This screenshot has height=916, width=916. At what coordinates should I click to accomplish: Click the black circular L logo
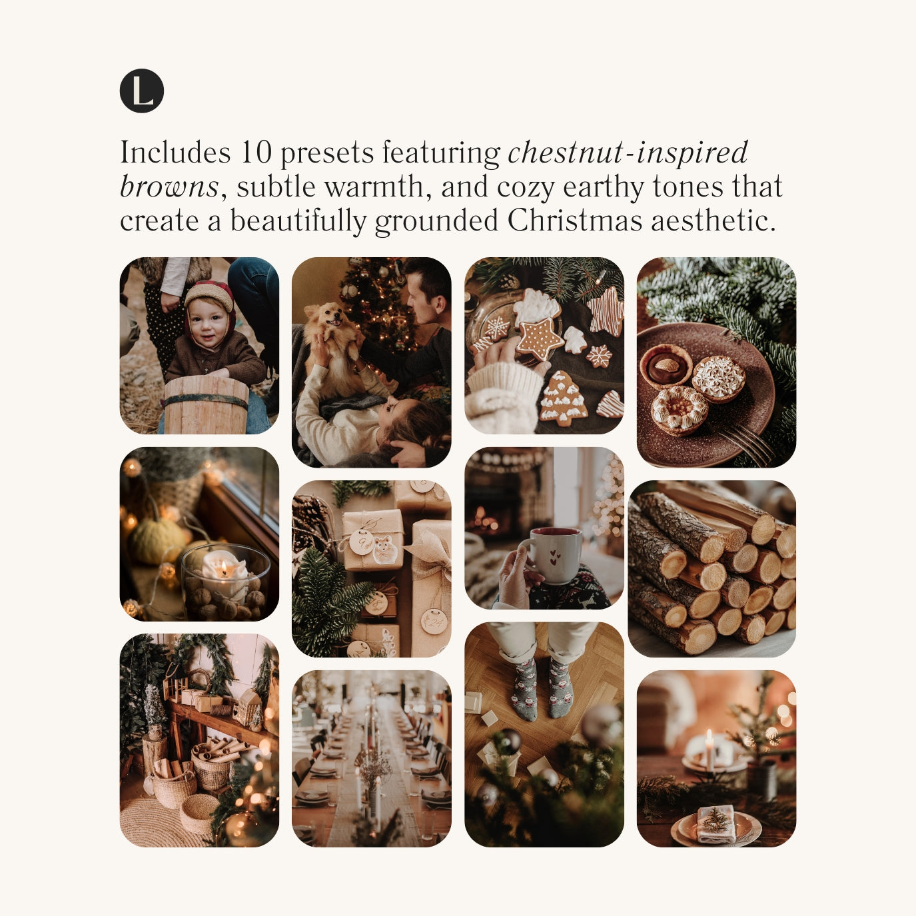(142, 91)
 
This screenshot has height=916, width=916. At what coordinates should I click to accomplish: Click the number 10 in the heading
(256, 152)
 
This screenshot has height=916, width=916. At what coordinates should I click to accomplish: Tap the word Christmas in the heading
(574, 221)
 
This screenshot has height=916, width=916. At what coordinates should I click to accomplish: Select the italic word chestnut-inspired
(628, 153)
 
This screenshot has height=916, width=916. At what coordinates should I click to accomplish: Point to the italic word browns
(169, 187)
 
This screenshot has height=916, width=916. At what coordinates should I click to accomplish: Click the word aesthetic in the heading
(709, 221)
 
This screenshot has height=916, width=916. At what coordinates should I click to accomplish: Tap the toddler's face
(207, 322)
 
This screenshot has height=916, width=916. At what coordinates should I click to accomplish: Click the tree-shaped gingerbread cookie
(564, 398)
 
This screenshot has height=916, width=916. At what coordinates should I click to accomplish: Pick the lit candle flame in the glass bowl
(223, 567)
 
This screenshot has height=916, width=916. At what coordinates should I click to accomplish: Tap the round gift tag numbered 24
(433, 620)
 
